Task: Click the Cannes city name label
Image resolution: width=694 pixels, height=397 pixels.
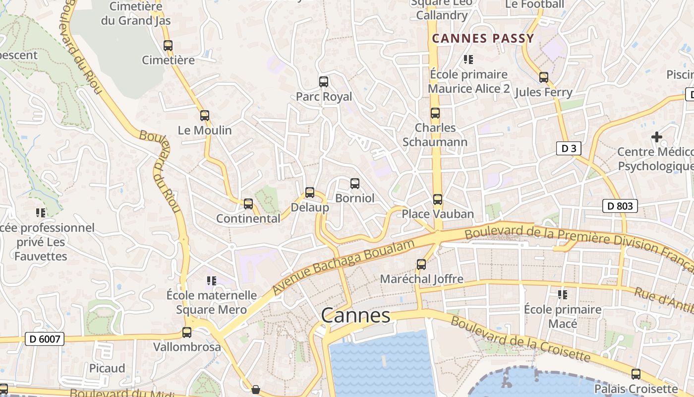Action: (x=355, y=315)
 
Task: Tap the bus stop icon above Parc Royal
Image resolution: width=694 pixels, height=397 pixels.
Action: (x=324, y=82)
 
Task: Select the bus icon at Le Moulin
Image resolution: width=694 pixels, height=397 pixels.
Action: (x=205, y=116)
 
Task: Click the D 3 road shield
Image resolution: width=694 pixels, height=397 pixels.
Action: (x=568, y=148)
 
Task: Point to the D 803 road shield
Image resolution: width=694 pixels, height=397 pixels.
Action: (x=620, y=205)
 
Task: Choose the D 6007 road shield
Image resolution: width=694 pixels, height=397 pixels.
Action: (x=45, y=339)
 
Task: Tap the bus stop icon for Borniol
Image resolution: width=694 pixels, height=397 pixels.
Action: (x=355, y=184)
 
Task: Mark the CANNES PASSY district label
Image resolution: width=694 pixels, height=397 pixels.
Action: (x=483, y=38)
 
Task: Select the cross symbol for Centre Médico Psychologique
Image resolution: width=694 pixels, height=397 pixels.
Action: (x=657, y=137)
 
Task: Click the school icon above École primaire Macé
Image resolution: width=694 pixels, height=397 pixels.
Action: (x=563, y=295)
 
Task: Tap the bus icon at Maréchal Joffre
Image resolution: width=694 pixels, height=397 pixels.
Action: (x=421, y=265)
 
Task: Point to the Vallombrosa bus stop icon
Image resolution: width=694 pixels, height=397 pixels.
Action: (x=187, y=332)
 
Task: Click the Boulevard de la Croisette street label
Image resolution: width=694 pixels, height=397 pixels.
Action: (x=520, y=339)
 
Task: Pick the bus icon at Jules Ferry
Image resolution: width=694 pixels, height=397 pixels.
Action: (x=544, y=77)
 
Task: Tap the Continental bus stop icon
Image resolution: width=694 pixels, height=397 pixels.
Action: (x=248, y=204)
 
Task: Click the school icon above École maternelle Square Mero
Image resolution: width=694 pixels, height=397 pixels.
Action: (x=212, y=281)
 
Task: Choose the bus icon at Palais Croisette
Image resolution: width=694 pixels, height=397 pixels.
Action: (x=636, y=374)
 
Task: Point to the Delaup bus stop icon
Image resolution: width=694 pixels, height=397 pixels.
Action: (x=310, y=193)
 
